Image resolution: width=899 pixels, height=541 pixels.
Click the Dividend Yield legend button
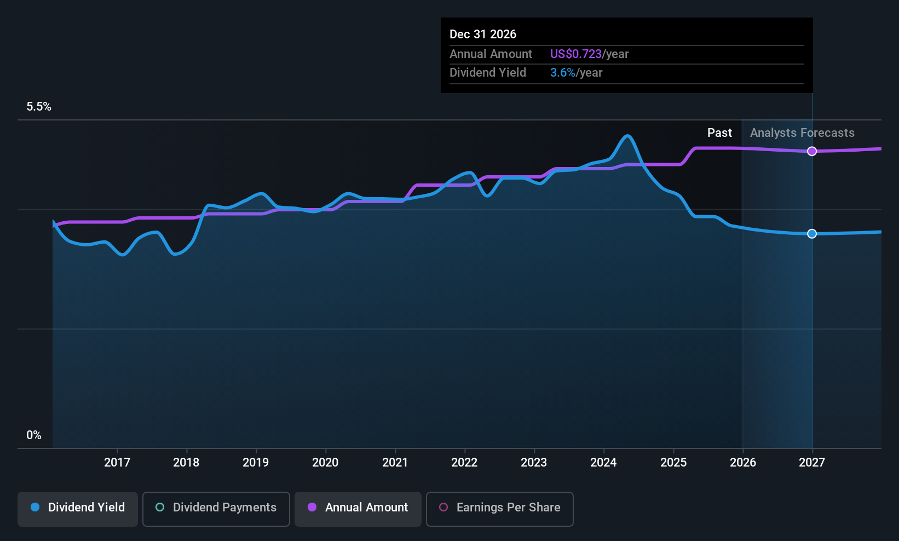78,508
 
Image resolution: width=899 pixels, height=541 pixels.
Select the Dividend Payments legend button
216,508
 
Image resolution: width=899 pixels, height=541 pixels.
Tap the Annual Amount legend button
358,508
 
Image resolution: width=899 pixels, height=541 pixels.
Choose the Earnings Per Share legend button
499,508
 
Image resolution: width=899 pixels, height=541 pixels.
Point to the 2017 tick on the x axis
117,463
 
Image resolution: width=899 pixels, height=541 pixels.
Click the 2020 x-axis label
325,463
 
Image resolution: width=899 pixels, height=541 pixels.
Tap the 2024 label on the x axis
603,463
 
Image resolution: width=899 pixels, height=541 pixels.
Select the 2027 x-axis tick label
811,463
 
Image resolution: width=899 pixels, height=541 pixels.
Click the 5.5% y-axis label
39,107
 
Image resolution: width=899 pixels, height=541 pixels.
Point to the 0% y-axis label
34,435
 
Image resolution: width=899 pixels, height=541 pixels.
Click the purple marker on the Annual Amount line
812,151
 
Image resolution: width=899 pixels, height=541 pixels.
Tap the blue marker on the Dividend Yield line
812,234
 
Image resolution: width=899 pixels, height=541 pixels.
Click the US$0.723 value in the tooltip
575,54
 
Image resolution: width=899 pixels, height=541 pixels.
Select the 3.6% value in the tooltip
562,73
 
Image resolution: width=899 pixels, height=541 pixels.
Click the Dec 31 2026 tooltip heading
483,34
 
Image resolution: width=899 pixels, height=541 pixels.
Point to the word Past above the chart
719,133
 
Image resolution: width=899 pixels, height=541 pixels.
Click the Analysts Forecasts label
802,133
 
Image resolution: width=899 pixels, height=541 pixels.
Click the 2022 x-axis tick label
464,463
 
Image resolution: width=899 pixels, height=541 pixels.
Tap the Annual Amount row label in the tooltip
491,54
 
